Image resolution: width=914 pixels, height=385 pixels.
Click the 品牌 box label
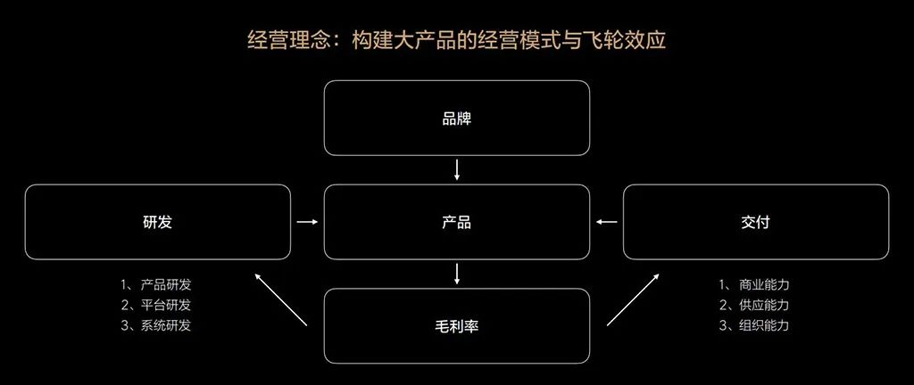click(x=457, y=119)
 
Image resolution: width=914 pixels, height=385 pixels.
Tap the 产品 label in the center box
click(x=457, y=223)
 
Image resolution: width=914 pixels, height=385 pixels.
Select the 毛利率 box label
click(x=457, y=326)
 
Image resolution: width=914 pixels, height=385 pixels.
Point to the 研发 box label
click(x=157, y=223)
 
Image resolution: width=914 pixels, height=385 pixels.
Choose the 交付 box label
click(x=755, y=223)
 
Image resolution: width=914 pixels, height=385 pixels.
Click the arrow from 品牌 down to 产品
click(x=457, y=169)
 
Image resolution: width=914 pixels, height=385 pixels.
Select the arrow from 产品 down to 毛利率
click(x=457, y=274)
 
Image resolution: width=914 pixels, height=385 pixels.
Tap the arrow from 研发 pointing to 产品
click(x=306, y=223)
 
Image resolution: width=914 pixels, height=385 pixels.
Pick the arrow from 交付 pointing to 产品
click(x=607, y=223)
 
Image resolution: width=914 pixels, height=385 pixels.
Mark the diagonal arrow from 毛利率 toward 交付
click(x=634, y=299)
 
